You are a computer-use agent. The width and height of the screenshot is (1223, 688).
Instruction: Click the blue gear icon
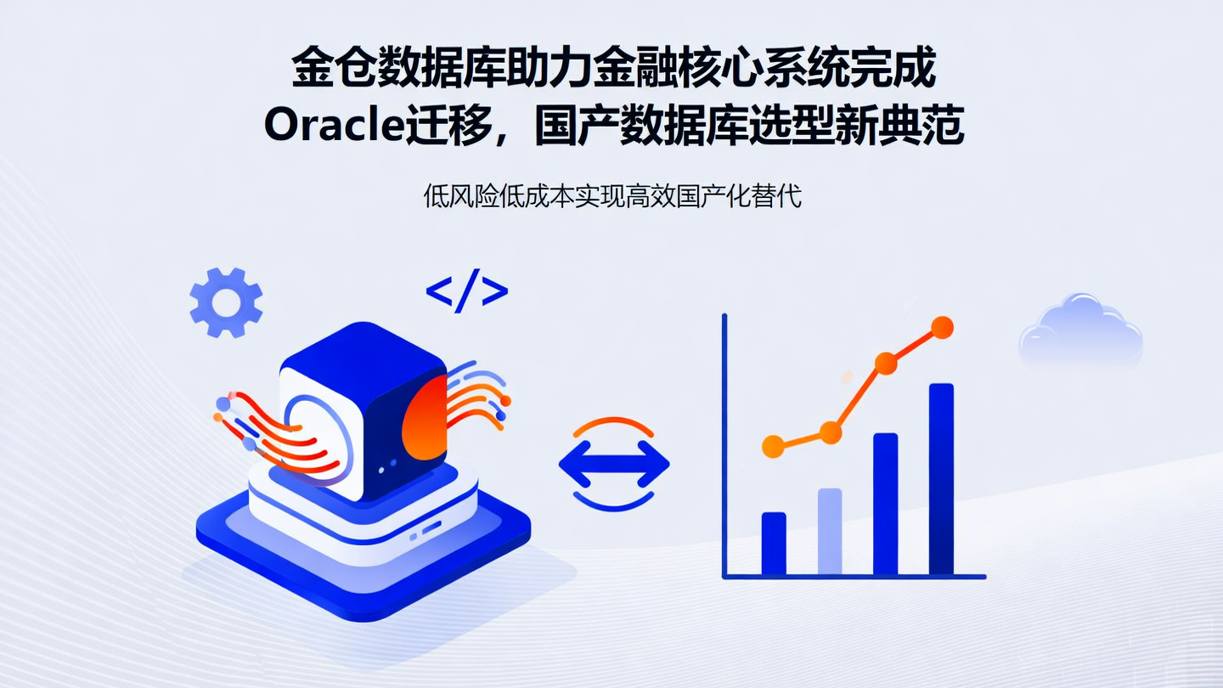(226, 302)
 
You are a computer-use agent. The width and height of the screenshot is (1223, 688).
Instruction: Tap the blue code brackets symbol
(466, 291)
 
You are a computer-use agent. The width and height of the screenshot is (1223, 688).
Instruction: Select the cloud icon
(1080, 332)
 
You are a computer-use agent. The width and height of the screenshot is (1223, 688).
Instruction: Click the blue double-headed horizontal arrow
(613, 465)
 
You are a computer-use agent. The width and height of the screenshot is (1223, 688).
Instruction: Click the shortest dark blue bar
(773, 543)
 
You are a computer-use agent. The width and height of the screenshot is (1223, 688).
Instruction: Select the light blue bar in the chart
(830, 531)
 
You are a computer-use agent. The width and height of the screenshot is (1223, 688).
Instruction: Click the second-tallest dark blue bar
(885, 503)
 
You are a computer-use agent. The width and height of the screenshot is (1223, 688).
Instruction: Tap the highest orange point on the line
(942, 328)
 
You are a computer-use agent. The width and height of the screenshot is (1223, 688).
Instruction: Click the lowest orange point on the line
(773, 446)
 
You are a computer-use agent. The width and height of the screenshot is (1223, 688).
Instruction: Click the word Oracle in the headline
(332, 127)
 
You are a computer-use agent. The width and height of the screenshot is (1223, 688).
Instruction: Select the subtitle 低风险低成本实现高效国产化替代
(612, 196)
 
